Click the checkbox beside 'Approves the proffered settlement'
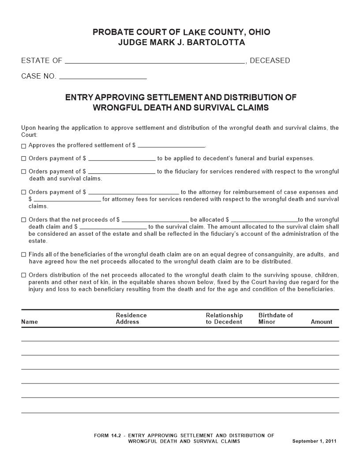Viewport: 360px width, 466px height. point(23,146)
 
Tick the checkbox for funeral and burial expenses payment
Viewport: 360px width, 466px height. point(23,159)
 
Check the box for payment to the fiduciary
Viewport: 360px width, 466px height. point(23,172)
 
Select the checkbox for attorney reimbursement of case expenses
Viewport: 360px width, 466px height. point(23,192)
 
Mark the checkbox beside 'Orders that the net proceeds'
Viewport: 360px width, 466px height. point(23,220)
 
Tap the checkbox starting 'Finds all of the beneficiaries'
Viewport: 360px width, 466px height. point(23,255)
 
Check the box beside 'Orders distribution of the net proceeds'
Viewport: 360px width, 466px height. point(23,275)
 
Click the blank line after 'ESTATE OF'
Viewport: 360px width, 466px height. point(155,61)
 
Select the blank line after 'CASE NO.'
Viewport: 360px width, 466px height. point(103,76)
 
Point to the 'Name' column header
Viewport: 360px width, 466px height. point(30,322)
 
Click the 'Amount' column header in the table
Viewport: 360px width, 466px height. point(321,322)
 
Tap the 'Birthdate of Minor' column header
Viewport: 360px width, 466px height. point(275,319)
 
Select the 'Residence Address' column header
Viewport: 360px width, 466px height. point(131,319)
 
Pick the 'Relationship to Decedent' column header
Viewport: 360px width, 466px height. point(224,319)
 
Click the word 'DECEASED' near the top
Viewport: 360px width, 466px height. point(270,60)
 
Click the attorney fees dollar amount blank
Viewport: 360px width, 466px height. point(67,199)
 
